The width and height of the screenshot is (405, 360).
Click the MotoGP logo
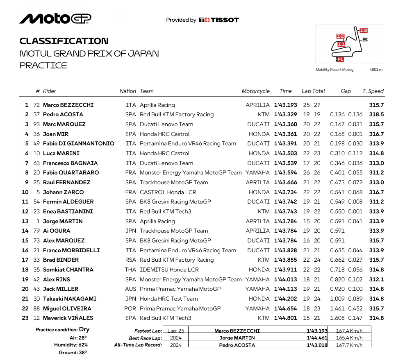[x=55, y=19]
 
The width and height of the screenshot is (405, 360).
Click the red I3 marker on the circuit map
[x=363, y=30]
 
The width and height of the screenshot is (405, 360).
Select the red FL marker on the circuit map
[x=340, y=59]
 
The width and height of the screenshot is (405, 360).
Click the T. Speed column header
[x=373, y=91]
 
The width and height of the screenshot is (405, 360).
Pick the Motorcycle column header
[x=256, y=91]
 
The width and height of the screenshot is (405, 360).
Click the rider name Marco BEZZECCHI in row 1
[x=68, y=105]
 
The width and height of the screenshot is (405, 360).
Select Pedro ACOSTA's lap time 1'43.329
[x=285, y=115]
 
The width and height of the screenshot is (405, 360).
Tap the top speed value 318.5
[x=376, y=115]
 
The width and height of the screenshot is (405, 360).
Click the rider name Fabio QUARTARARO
[x=71, y=173]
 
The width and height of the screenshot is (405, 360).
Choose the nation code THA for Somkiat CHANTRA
[x=130, y=269]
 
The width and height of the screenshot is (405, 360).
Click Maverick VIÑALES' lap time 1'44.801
[x=285, y=318]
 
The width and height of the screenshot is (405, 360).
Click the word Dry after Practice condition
[x=84, y=329]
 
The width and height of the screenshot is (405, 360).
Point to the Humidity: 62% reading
[x=71, y=345]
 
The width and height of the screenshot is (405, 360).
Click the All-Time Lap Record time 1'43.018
[x=317, y=345]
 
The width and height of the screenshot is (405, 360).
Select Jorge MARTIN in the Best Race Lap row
[x=237, y=338]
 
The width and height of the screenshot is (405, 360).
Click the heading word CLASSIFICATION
[x=64, y=41]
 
